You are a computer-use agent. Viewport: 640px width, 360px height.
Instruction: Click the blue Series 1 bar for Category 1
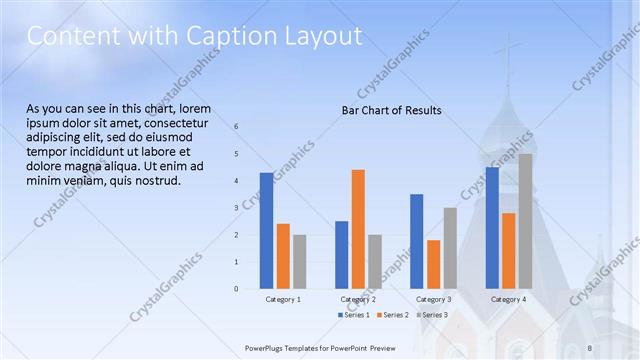coord(266,231)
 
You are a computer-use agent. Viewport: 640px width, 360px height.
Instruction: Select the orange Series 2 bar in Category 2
coord(358,229)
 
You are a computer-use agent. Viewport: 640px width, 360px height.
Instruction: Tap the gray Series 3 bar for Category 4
coord(525,221)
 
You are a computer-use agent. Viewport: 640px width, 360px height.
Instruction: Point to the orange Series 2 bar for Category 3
coord(433,264)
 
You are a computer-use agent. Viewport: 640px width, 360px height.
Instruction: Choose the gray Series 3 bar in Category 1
coord(299,262)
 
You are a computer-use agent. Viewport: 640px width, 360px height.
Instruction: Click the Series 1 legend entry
coord(353,314)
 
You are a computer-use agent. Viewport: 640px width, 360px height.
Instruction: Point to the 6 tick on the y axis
coord(237,127)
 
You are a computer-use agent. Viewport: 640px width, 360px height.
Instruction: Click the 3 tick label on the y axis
coord(237,208)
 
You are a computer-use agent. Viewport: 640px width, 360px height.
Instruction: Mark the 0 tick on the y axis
coord(237,289)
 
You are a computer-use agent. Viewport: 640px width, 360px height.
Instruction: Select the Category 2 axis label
coord(358,299)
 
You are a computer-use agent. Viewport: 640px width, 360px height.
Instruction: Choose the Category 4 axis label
coord(509,299)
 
